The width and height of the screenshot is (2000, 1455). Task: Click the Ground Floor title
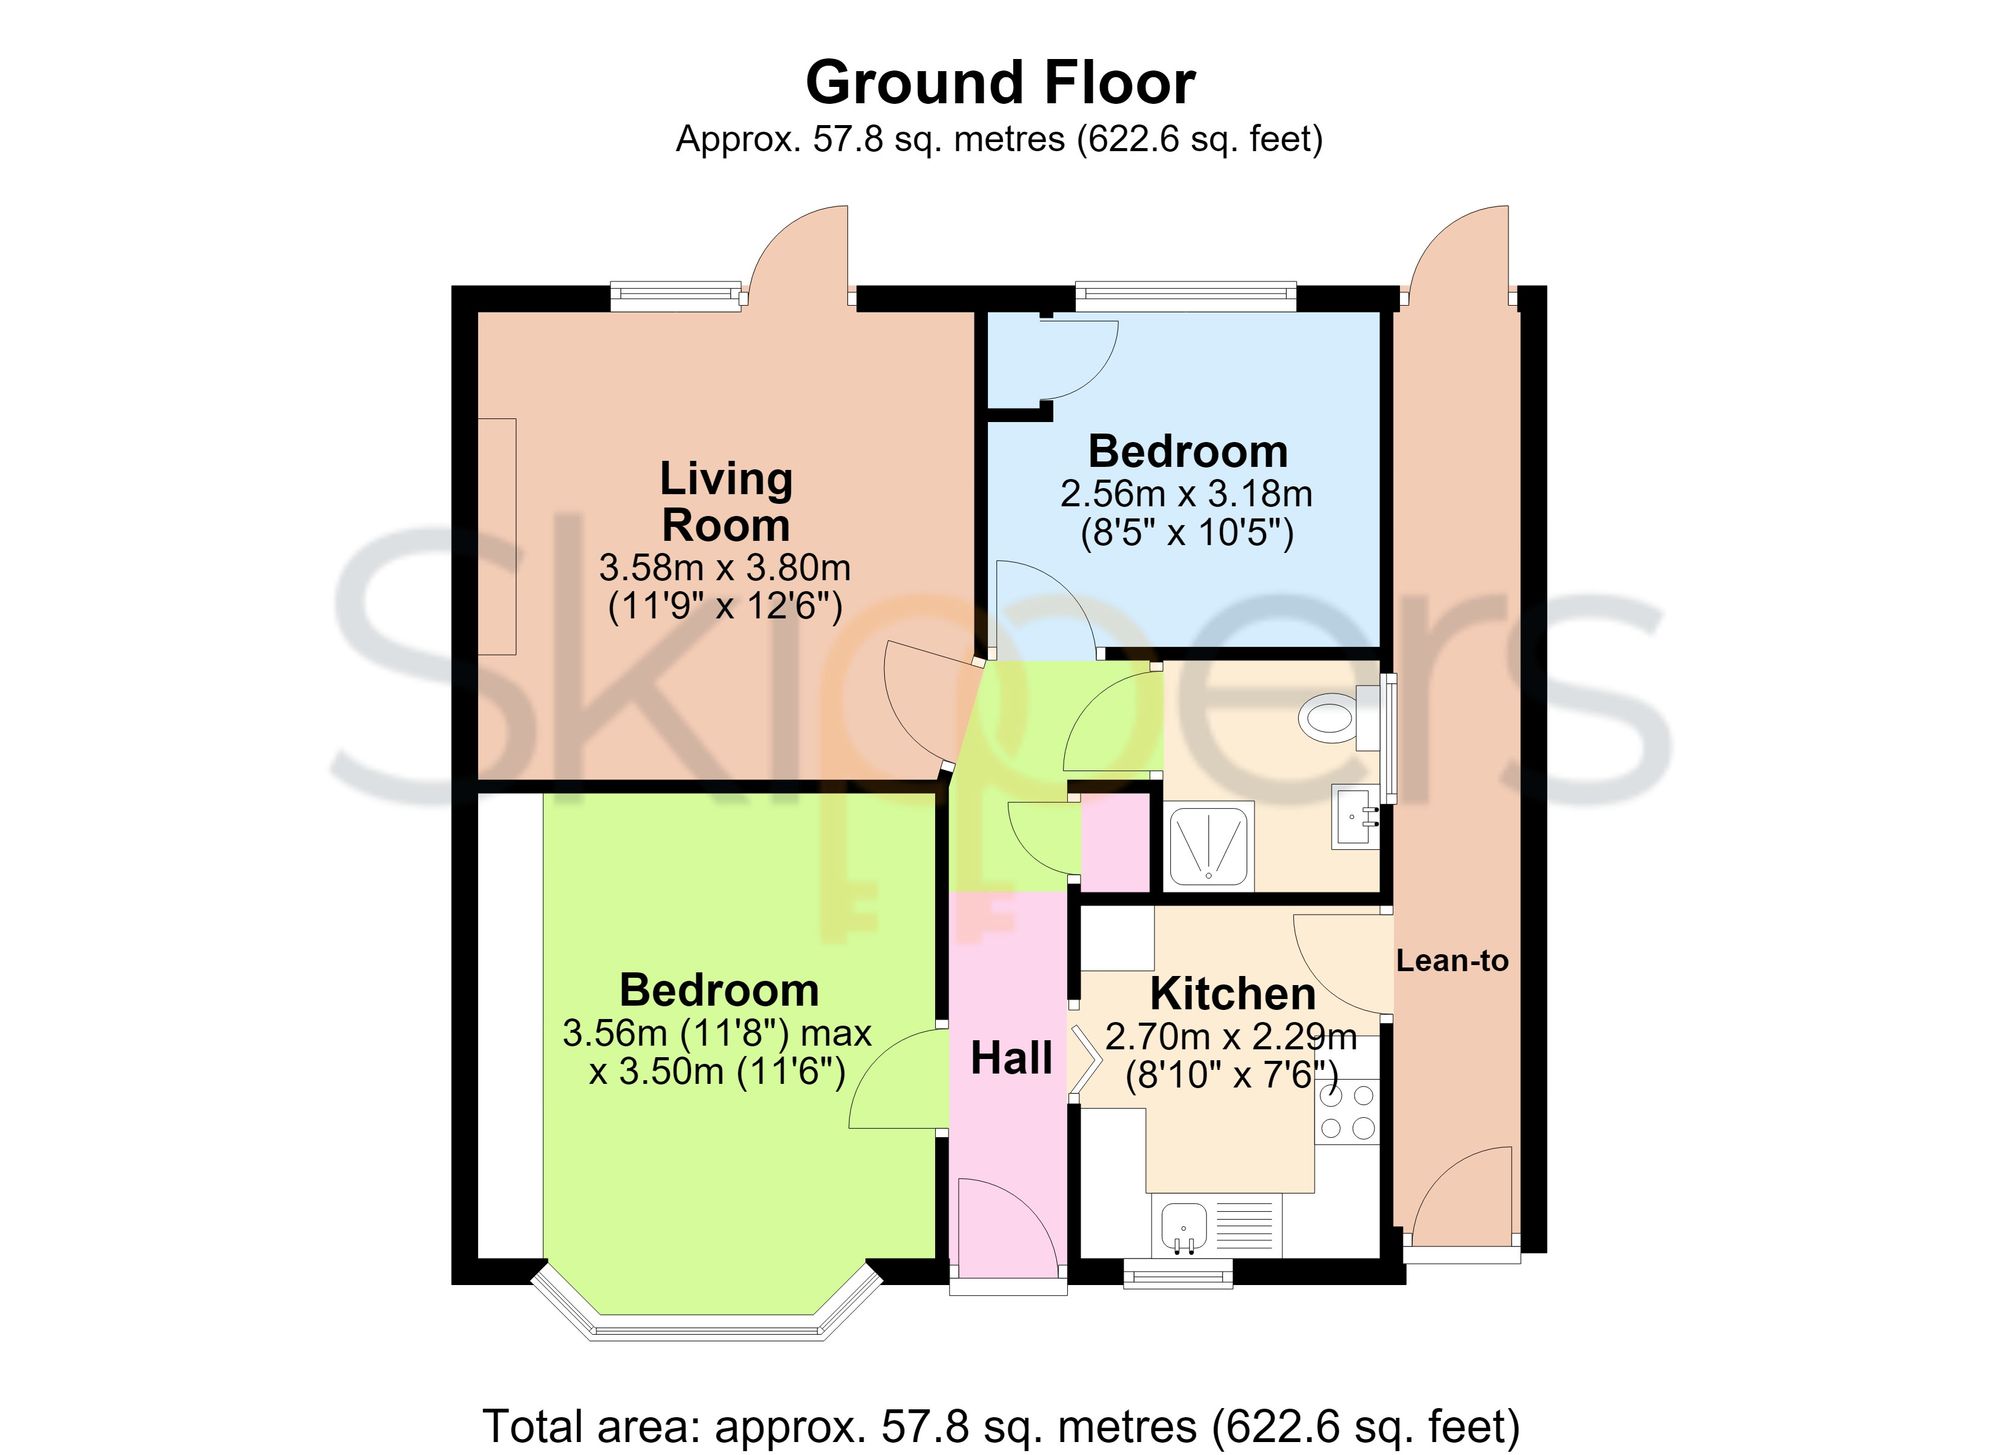(x=1000, y=82)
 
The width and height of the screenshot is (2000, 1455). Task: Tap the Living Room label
(x=727, y=502)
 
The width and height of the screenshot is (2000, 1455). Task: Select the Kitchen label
(x=1233, y=994)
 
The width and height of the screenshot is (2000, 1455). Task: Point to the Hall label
(x=1011, y=1058)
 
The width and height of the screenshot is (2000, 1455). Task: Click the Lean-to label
(x=1452, y=961)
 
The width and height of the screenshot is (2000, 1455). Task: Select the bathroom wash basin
(x=1355, y=818)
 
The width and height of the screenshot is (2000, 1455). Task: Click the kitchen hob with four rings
(x=1347, y=1112)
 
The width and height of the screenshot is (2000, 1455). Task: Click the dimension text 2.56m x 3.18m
(x=1187, y=494)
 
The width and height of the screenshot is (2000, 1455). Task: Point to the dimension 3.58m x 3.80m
(x=725, y=568)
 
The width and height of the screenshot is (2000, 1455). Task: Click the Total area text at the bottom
(x=1001, y=1425)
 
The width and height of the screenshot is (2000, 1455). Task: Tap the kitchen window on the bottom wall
(x=1178, y=1272)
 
